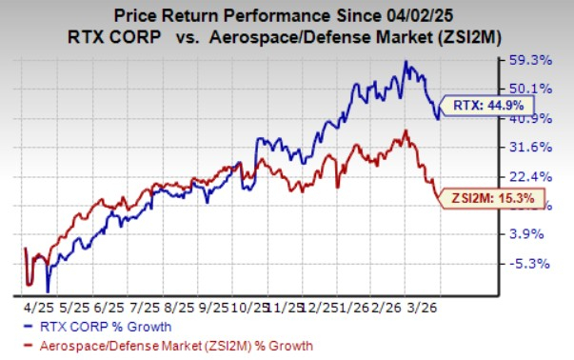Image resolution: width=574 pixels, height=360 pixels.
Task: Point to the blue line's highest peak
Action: [x=406, y=61]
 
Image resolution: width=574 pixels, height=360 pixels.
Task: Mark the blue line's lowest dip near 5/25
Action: [x=47, y=291]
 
